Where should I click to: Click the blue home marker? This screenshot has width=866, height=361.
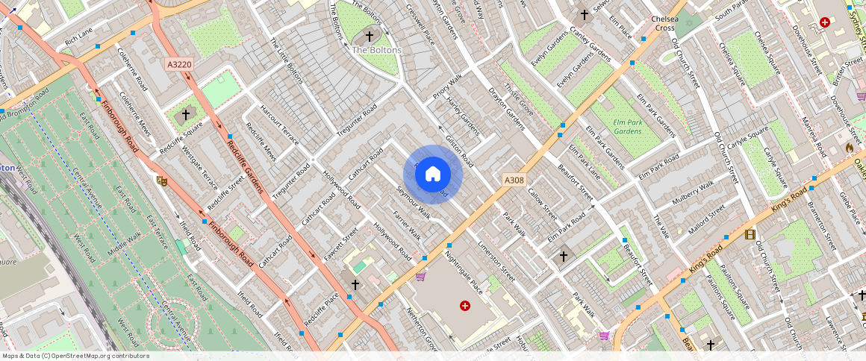coord(433,175)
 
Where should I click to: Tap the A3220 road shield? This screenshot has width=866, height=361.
coord(179,65)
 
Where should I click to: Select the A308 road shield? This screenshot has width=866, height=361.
coord(514,180)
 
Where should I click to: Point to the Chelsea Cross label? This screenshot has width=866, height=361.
coord(664,22)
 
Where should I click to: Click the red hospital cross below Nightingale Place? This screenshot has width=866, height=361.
coord(465,306)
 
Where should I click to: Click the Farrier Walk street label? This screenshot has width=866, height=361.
coord(407,227)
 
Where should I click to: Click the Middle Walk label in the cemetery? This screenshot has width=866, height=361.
coord(123,244)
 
